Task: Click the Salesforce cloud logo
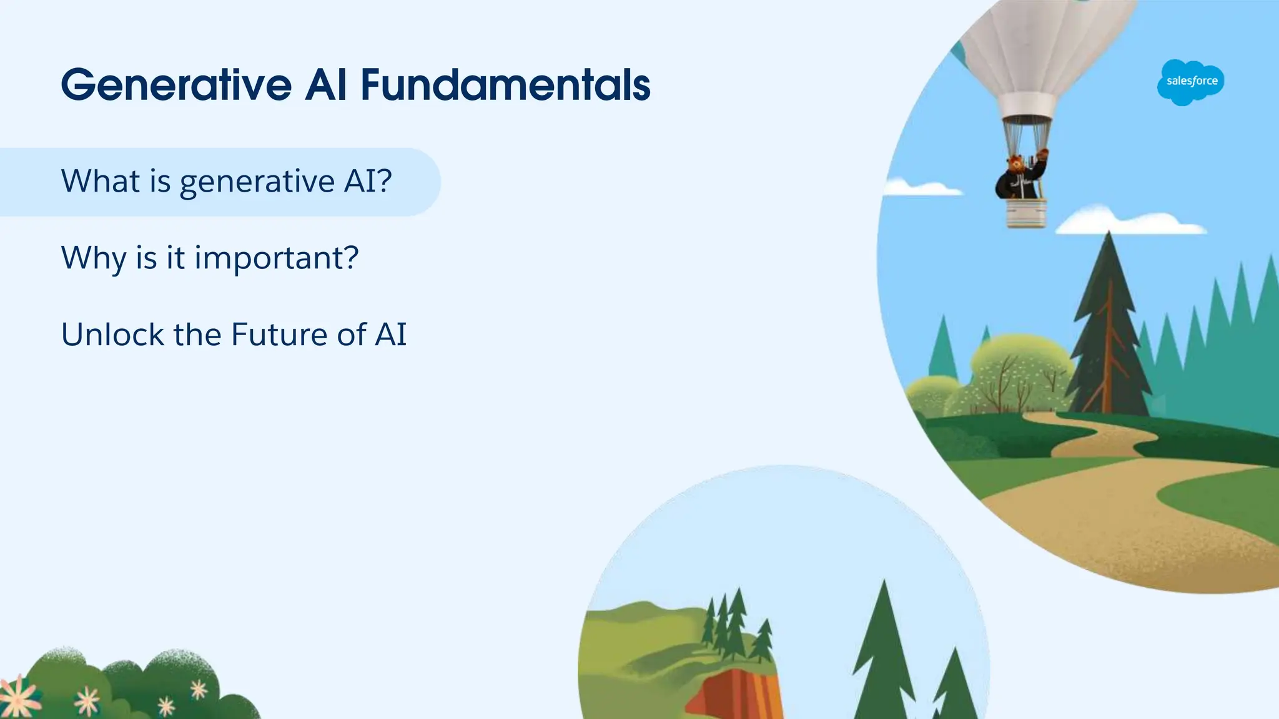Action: coord(1191,82)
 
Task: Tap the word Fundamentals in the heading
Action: coord(506,85)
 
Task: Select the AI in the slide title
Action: coord(325,85)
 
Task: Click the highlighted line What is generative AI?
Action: coord(226,182)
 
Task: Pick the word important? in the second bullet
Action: coord(277,258)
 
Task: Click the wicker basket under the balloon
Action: coord(1025,213)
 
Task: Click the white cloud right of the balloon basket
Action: coord(1130,222)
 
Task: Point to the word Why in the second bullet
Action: coord(94,258)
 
